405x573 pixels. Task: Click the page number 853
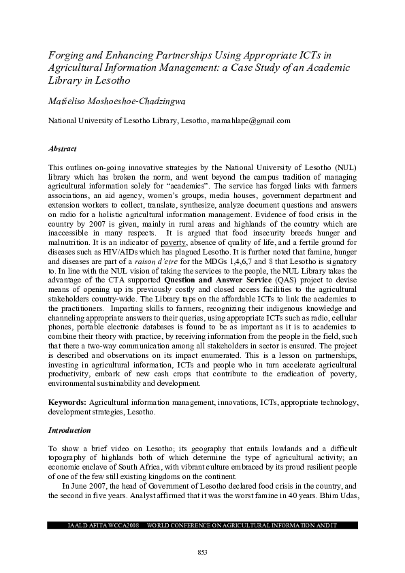tap(201, 551)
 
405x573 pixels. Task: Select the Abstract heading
tap(63, 148)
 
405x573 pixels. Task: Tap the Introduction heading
tap(69, 431)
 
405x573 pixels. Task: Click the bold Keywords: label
tap(67, 403)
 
